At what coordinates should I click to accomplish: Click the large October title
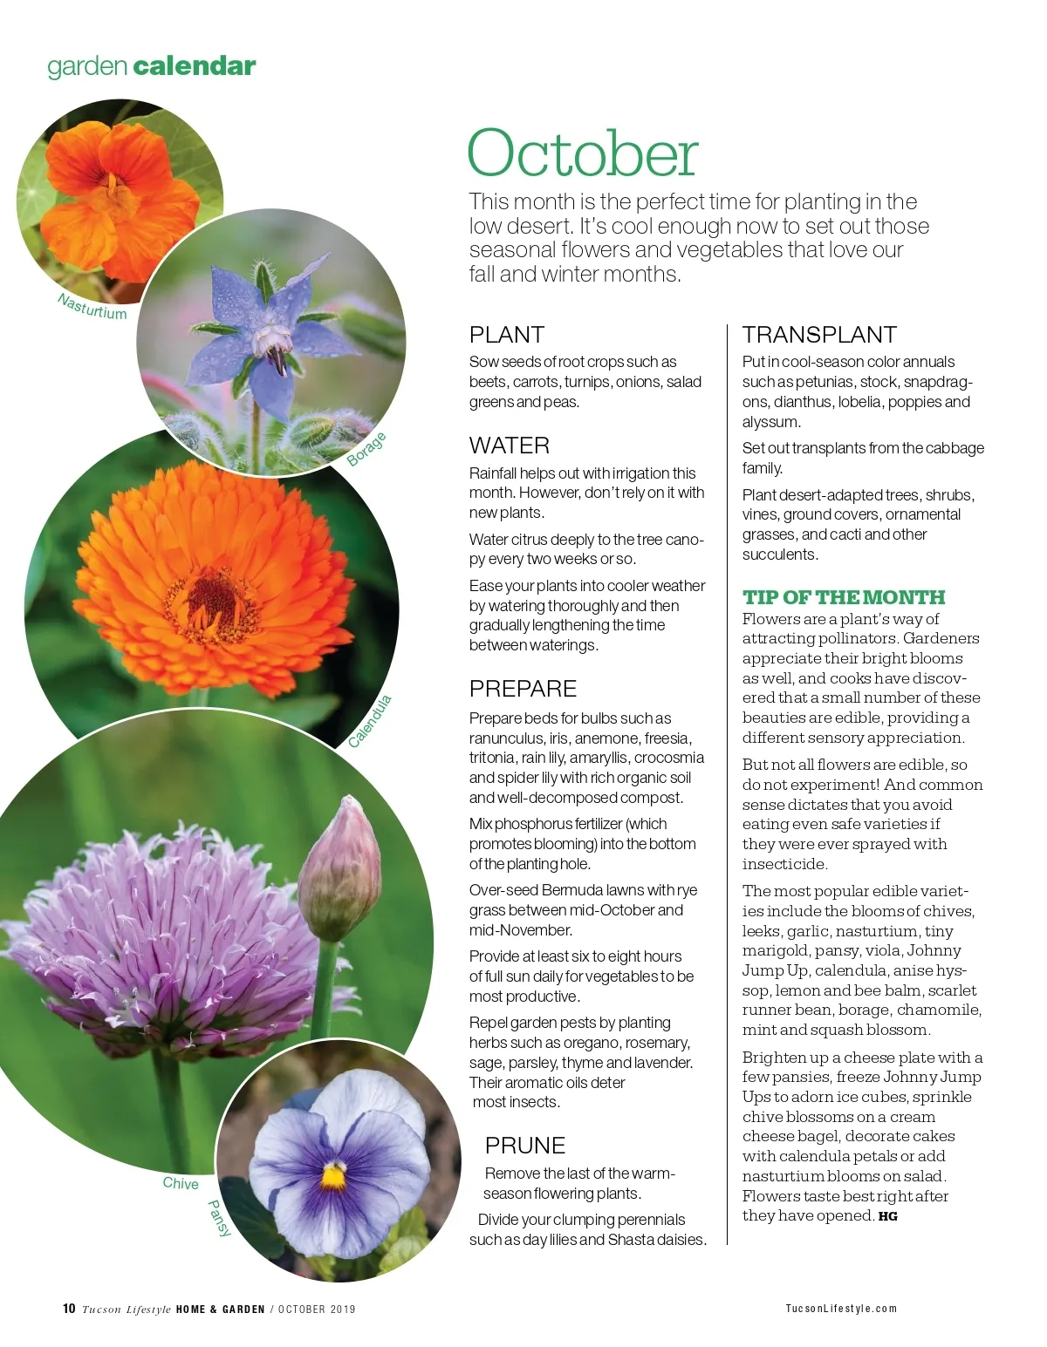coord(583,153)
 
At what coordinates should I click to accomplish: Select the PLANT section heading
coord(506,335)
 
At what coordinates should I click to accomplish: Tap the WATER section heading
coord(509,446)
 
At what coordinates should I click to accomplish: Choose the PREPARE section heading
coord(523,689)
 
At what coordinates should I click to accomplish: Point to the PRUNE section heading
coord(525,1146)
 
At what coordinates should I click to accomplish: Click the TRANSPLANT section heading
coord(819,335)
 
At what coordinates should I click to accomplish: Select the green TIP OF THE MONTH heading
coord(844,597)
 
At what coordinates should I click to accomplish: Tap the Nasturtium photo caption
coord(92,307)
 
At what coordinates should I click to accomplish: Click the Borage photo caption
coord(366,449)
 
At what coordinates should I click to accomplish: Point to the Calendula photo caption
coord(370,722)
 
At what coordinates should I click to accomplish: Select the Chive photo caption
coord(181,1183)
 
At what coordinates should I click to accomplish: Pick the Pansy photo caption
coord(219,1218)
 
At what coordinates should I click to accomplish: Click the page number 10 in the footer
coord(69,1308)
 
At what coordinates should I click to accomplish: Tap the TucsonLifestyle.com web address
coord(841,1308)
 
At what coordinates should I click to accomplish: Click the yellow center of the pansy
coord(333,1177)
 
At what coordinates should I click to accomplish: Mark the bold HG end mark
coord(887,1216)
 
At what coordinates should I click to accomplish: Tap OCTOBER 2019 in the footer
coord(317,1309)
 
